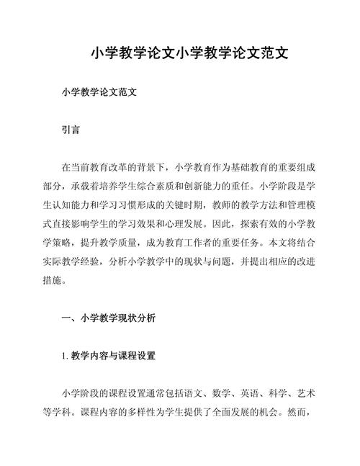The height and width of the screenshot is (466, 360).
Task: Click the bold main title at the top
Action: pos(180,54)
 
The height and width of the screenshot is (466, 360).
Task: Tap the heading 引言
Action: pos(71,131)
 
